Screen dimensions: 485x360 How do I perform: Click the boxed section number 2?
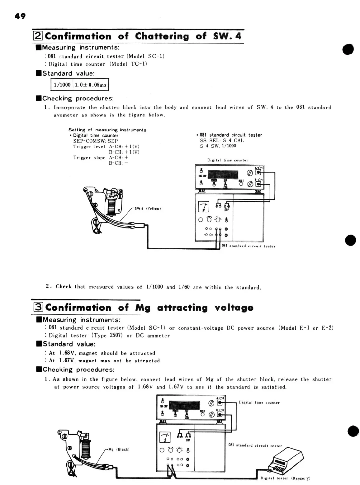coord(38,36)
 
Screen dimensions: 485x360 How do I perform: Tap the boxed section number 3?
coord(38,308)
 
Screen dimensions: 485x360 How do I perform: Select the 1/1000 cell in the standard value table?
coord(62,85)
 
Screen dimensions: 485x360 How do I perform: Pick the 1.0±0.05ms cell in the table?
coord(91,85)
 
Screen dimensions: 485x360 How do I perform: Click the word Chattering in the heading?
coord(162,36)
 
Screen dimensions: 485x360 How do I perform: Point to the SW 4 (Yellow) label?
coord(148,209)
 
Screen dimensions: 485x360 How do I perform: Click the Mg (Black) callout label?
coord(119,449)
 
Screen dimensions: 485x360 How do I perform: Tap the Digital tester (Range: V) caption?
coord(285,478)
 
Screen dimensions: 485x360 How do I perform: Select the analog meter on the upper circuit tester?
coord(204,206)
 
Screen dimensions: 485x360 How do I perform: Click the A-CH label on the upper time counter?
coord(259,168)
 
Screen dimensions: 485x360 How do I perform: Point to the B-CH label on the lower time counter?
coord(220,410)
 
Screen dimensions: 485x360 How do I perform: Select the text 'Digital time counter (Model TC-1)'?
coord(97,64)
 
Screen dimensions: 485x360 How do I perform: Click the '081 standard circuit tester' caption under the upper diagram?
coord(249,246)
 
